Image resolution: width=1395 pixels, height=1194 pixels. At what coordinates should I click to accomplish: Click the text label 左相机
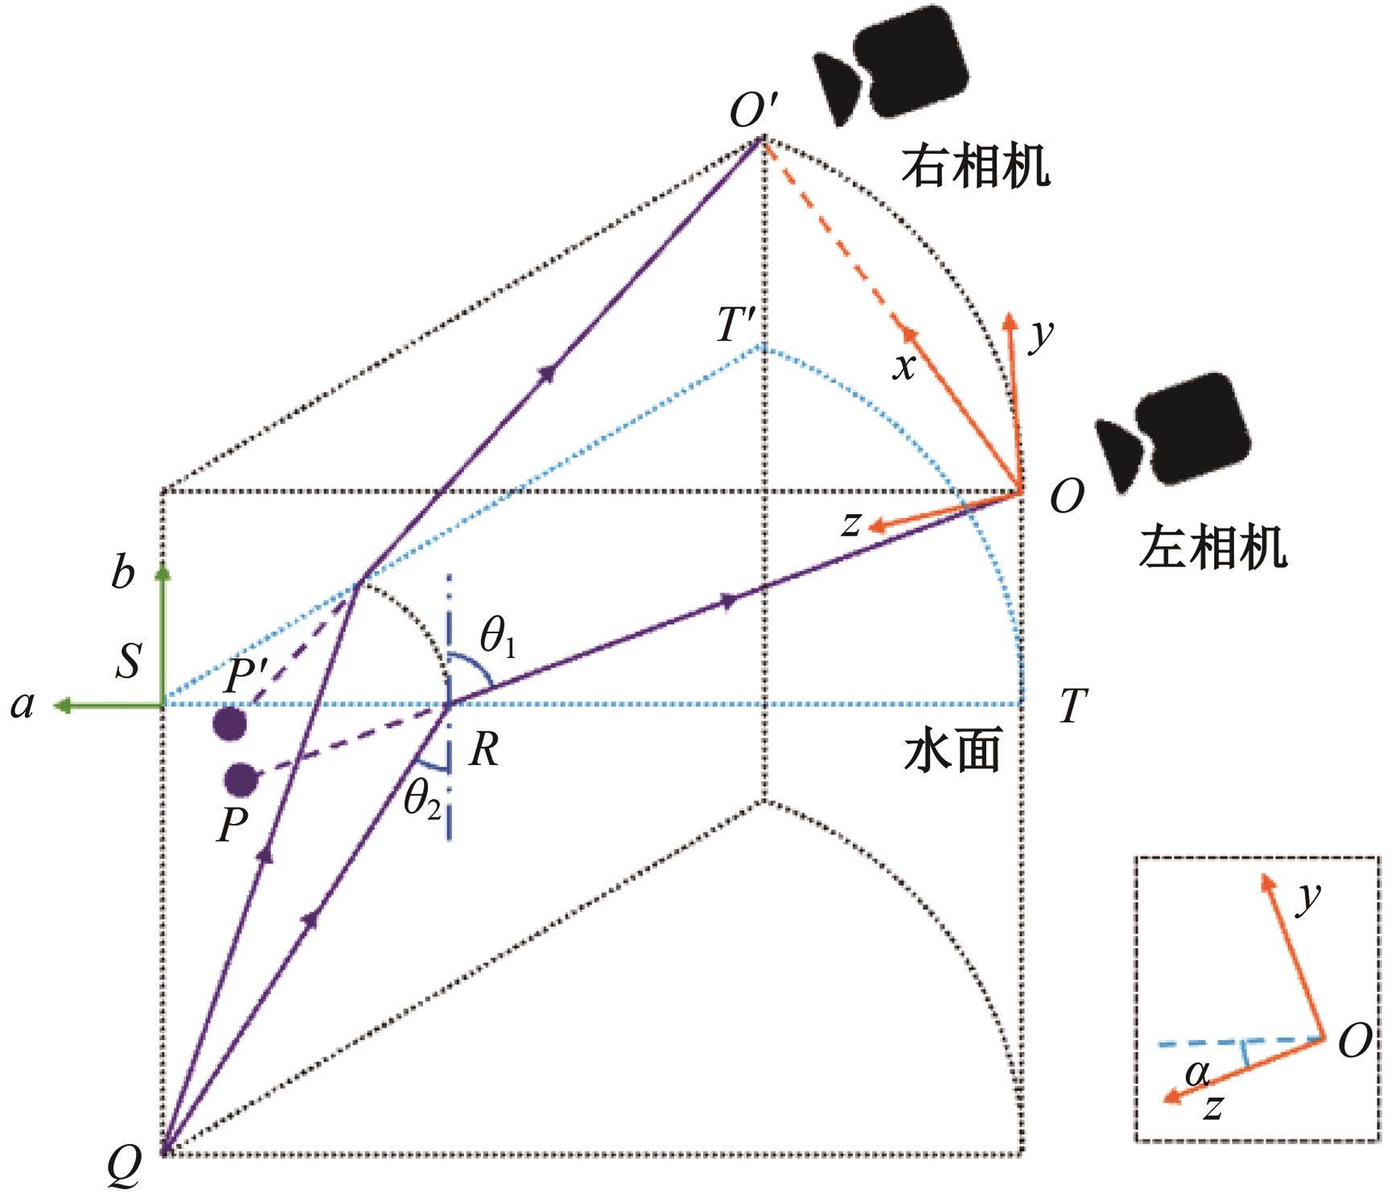coord(1213,549)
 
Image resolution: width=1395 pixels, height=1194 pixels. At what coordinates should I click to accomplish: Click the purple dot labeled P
coord(241,779)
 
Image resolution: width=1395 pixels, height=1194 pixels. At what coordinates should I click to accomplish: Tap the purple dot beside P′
coord(229,723)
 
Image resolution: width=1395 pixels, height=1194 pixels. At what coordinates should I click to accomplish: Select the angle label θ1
coord(498,638)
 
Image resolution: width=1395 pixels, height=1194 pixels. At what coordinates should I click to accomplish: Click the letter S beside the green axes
coord(128,661)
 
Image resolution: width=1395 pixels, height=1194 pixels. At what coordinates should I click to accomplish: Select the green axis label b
coord(122,574)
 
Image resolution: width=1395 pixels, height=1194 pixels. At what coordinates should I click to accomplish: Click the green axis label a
coord(23,706)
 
